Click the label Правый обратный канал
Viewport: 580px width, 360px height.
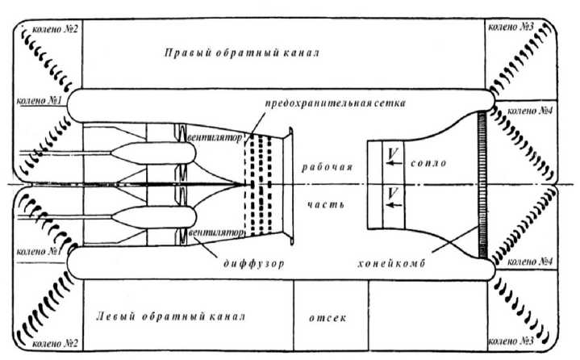click(x=242, y=53)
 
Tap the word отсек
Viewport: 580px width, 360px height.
click(x=327, y=317)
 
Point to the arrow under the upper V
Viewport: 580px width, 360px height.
click(x=392, y=164)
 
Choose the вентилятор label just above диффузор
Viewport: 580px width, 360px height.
click(x=215, y=232)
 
